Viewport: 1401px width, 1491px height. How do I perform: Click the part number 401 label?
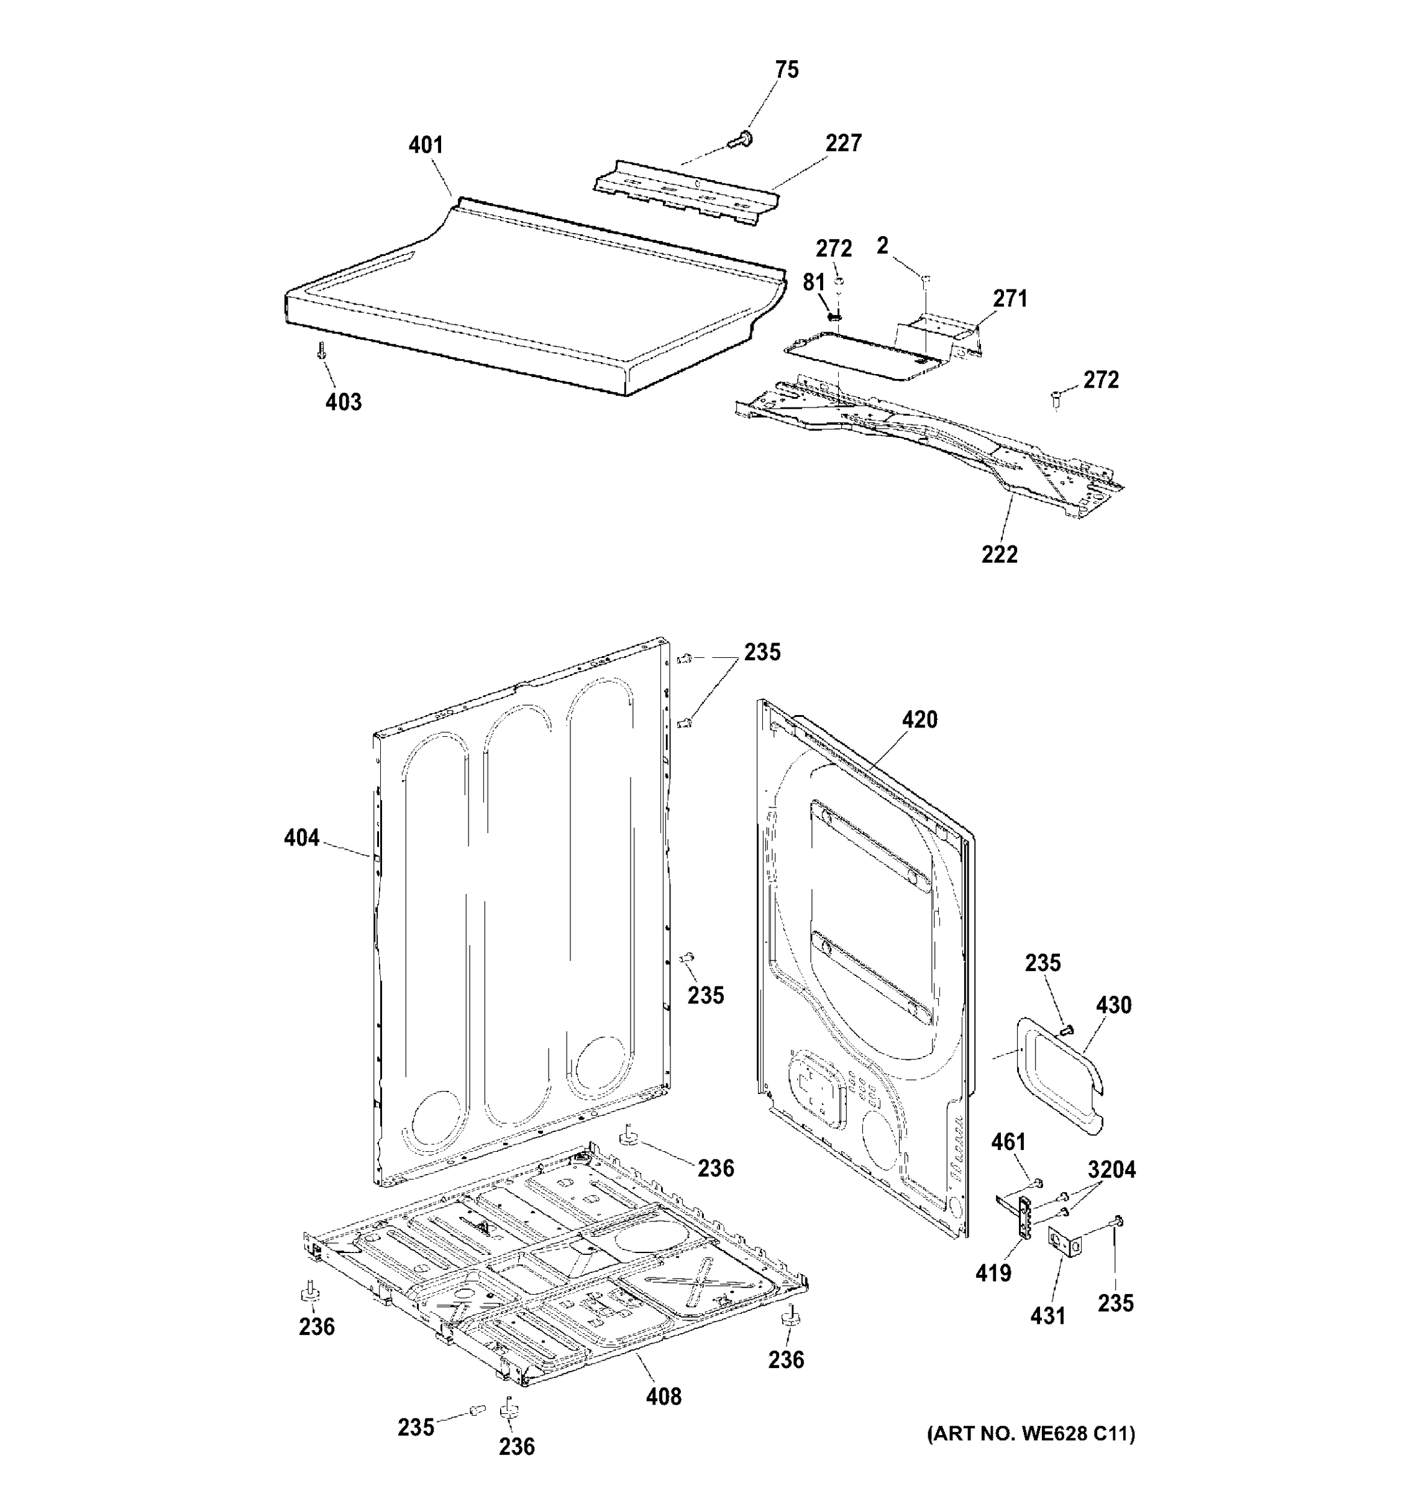[x=425, y=145]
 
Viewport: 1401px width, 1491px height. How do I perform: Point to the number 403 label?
[x=344, y=402]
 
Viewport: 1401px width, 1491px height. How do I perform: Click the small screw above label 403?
[x=322, y=350]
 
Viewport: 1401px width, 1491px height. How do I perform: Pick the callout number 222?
[x=1000, y=555]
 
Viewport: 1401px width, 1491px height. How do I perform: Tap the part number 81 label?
[x=814, y=283]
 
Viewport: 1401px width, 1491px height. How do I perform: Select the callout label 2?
[x=882, y=245]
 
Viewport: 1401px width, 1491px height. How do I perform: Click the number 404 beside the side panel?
[x=301, y=837]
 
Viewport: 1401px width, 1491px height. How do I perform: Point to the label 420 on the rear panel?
[x=920, y=720]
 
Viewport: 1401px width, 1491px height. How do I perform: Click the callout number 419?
[x=993, y=1273]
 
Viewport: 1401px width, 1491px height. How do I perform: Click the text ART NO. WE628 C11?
[x=1031, y=1434]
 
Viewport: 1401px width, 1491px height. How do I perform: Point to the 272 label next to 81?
[x=834, y=248]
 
